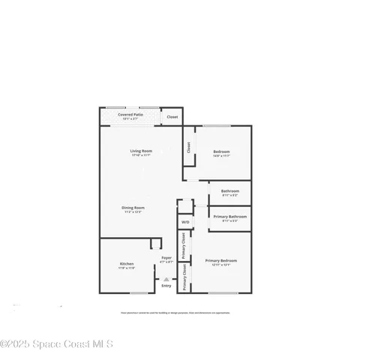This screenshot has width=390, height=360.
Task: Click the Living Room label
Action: [140, 151]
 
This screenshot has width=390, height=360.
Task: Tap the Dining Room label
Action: [134, 208]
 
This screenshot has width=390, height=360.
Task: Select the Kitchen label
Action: [127, 263]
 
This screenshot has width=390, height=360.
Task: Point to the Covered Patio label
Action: [130, 115]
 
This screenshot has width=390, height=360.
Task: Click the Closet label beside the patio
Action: [172, 117]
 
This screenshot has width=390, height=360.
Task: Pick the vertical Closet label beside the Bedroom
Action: [188, 148]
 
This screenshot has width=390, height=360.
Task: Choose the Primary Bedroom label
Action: [220, 260]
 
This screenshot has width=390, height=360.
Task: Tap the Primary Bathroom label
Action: [229, 217]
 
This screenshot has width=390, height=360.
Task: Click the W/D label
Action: [184, 222]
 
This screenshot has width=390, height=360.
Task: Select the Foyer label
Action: [166, 258]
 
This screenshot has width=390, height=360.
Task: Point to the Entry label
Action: [166, 285]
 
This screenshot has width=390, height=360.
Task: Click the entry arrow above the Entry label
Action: [166, 278]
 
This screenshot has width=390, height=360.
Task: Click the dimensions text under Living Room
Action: [140, 156]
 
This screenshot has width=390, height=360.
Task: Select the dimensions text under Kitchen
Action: [127, 268]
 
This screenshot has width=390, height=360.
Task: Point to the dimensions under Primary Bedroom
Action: [220, 265]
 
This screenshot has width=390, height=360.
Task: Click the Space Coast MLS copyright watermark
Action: [57, 344]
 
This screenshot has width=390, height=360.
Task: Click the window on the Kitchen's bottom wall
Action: [139, 292]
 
